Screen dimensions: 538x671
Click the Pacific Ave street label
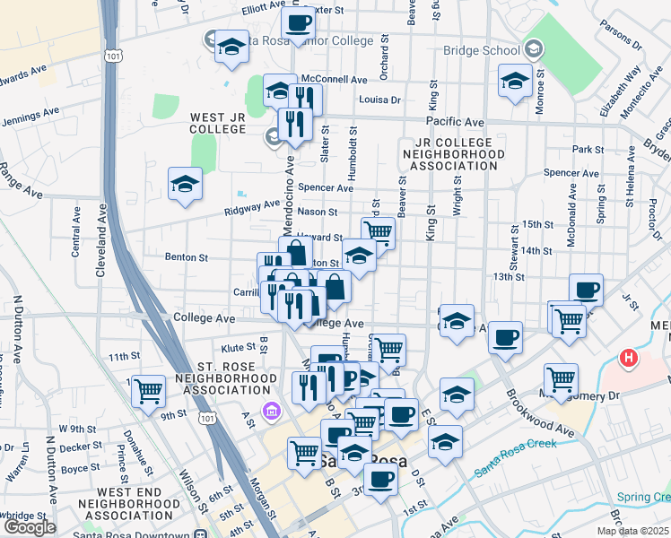pyautogui.click(x=455, y=121)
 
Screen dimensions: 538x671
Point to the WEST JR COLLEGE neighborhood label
pyautogui.click(x=218, y=123)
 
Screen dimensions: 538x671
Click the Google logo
pyautogui.click(x=30, y=527)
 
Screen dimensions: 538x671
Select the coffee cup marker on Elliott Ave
pyautogui.click(x=298, y=22)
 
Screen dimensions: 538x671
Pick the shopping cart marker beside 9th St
pyautogui.click(x=148, y=390)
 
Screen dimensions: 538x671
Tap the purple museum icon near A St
pyautogui.click(x=270, y=411)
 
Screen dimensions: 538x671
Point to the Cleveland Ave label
pyautogui.click(x=102, y=242)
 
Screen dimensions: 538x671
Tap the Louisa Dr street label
pyautogui.click(x=378, y=100)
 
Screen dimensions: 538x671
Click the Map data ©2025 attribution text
pyautogui.click(x=633, y=531)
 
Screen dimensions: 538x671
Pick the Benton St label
pyautogui.click(x=187, y=257)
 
